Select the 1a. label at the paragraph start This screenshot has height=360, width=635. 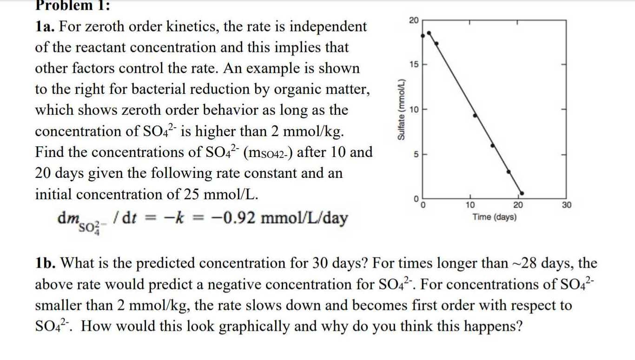tap(45, 26)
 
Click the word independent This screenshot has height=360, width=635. tap(328, 26)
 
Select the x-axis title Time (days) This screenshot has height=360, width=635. tap(494, 217)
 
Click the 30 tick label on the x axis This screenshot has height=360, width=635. tap(566, 205)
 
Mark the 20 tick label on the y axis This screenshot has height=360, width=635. tap(413, 20)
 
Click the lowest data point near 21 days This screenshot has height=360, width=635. tap(522, 193)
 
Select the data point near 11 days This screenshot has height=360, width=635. tap(475, 115)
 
